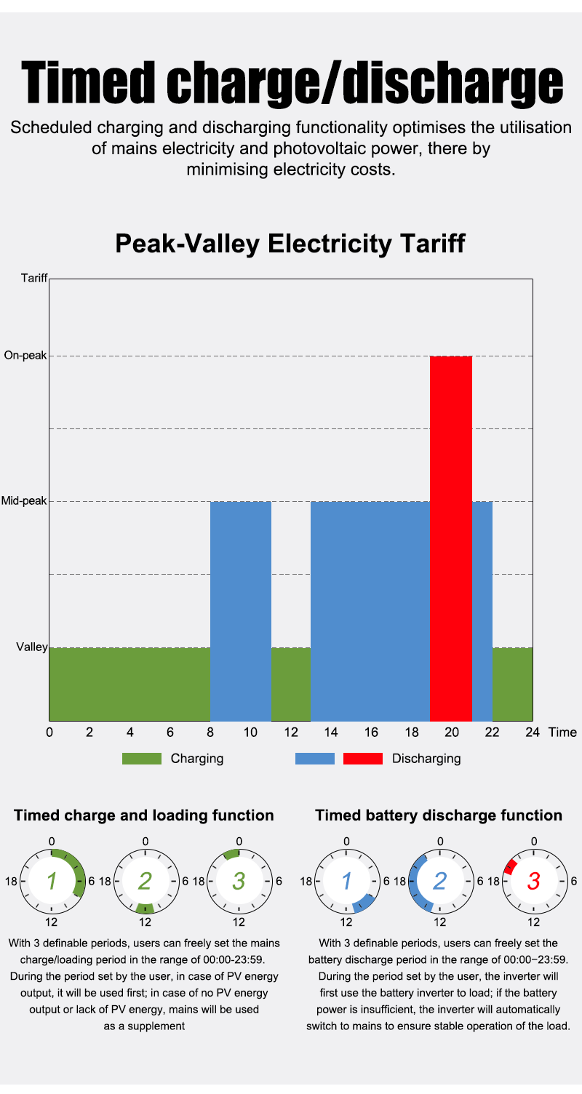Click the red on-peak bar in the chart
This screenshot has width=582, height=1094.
tap(451, 538)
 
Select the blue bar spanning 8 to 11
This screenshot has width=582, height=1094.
tap(241, 610)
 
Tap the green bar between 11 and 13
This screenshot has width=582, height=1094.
tap(291, 683)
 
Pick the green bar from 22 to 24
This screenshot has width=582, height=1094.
tap(512, 683)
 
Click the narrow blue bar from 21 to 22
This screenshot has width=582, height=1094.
tap(482, 610)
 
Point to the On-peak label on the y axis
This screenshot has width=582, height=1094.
tap(25, 356)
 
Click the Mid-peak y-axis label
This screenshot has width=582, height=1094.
tap(23, 501)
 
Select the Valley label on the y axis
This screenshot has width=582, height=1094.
tap(31, 647)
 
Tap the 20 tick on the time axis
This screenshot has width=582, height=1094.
tap(452, 732)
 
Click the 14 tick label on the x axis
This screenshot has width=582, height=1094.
tap(331, 732)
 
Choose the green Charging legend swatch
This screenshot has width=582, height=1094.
tap(141, 759)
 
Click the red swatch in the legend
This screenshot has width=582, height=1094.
tap(362, 759)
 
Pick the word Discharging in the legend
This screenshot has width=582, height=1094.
tap(426, 759)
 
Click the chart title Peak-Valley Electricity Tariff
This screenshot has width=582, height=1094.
tap(290, 244)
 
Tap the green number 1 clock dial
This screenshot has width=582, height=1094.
tap(52, 881)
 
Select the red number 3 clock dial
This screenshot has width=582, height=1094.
tap(534, 881)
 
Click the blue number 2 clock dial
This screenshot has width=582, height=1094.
tap(440, 881)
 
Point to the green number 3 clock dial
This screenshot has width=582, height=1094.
tap(239, 881)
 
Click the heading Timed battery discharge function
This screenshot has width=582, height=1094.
tap(439, 815)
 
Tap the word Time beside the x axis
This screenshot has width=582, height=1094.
tap(562, 732)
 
